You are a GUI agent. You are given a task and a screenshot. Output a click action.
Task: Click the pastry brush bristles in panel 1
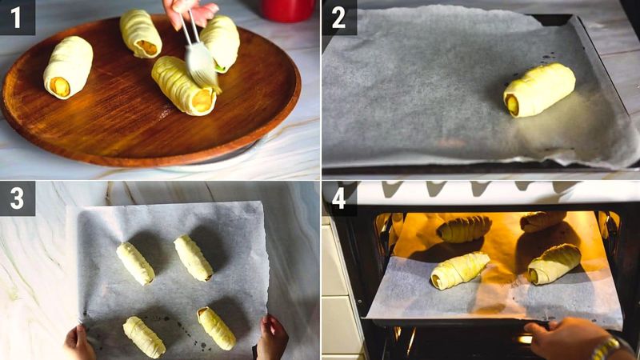(201, 64)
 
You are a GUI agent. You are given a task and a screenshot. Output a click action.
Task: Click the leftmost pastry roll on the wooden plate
(68, 67)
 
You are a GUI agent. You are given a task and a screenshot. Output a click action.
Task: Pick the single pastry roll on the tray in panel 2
(539, 90)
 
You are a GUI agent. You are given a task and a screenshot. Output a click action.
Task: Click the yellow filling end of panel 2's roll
(512, 104)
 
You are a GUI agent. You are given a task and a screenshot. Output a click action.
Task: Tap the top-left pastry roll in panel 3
(135, 263)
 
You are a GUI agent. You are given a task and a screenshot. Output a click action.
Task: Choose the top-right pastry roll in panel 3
(193, 258)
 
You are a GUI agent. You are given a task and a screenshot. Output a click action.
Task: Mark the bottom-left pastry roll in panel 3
(144, 337)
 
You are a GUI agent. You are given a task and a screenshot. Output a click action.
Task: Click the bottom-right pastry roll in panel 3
(217, 328)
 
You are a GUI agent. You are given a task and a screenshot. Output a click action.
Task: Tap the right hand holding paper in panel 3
(272, 339)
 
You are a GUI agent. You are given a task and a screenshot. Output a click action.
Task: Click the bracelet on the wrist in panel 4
(606, 349)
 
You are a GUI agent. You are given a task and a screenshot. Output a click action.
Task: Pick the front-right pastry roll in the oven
(554, 264)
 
